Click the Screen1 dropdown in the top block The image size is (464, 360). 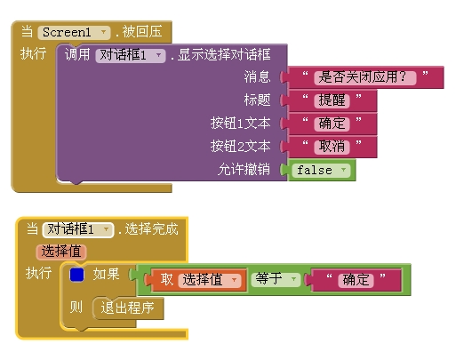click(x=74, y=32)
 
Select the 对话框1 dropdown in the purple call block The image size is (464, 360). click(x=131, y=55)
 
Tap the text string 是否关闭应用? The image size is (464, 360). click(x=365, y=77)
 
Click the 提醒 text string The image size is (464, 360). click(x=332, y=100)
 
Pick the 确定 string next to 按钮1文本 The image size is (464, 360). click(x=332, y=124)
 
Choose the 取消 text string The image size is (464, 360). click(x=332, y=147)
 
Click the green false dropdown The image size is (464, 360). click(x=321, y=171)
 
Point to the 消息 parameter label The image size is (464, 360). click(x=257, y=76)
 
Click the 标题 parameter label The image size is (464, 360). click(x=257, y=100)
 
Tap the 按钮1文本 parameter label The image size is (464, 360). click(x=240, y=123)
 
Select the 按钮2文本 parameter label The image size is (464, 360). click(x=240, y=146)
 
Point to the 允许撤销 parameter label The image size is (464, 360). click(x=244, y=169)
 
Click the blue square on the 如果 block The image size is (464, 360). click(x=76, y=275)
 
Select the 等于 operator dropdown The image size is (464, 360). click(x=276, y=279)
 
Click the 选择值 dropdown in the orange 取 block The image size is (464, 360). click(x=210, y=280)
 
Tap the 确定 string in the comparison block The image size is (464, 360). click(x=356, y=280)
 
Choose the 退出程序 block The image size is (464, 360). click(x=128, y=308)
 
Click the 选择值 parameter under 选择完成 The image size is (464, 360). click(x=61, y=252)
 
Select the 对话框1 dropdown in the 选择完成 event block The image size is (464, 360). click(x=78, y=229)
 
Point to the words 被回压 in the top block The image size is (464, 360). click(x=142, y=32)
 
